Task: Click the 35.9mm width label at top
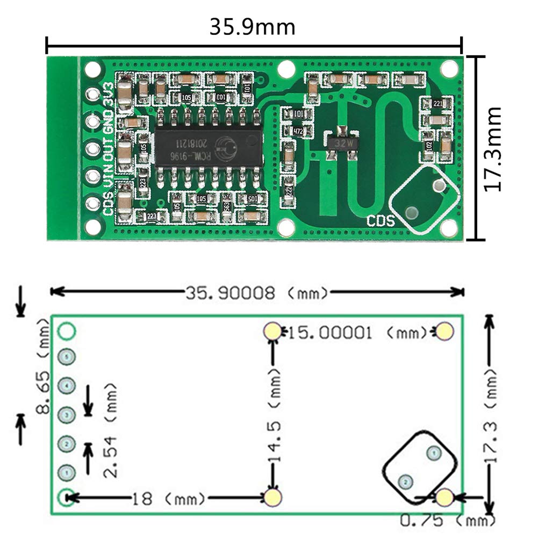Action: click(252, 27)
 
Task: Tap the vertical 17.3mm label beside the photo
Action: click(492, 148)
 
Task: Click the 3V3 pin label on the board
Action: click(108, 92)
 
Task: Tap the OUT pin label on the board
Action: click(108, 147)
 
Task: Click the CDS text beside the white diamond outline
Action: click(381, 221)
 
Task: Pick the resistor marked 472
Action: click(297, 132)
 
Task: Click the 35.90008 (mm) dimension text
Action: click(256, 293)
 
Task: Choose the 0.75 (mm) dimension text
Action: click(447, 520)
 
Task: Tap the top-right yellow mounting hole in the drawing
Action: click(444, 332)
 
